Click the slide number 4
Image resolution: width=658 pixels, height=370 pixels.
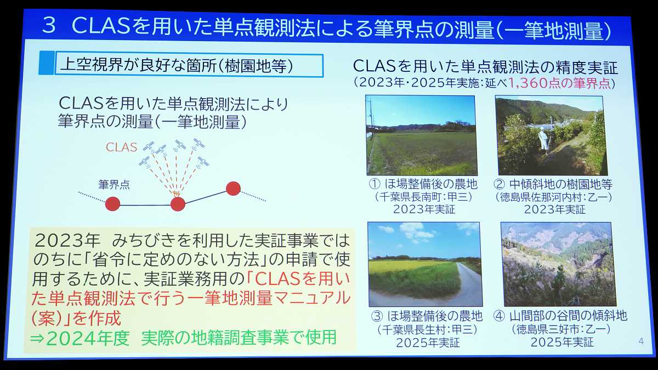point(641,341)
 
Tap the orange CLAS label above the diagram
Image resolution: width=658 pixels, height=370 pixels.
point(121,147)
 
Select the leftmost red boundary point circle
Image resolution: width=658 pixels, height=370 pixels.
point(112,204)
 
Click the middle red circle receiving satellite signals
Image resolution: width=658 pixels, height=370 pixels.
point(178,204)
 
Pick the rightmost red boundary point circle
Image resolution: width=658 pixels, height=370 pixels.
point(233,189)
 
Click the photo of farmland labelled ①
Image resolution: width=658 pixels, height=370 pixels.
point(421,135)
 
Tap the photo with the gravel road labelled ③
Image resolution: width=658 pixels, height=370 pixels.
point(425,264)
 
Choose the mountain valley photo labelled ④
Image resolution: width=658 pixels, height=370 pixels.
point(556,264)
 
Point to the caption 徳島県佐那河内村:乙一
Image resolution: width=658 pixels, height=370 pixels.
point(554,197)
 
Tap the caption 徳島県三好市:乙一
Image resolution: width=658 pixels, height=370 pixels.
point(560,330)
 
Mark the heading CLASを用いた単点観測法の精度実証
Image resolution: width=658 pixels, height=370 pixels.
point(485,67)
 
